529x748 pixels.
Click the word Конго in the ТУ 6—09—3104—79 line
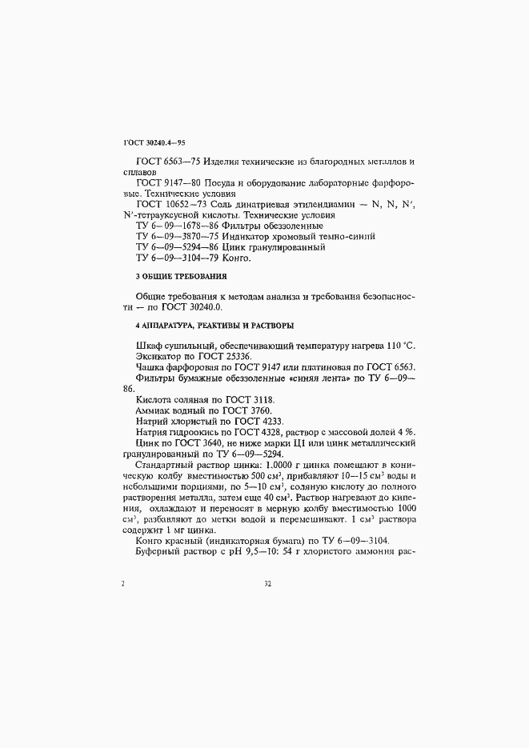pos(236,258)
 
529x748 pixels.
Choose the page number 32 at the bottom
pos(269,584)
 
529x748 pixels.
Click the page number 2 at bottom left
pos(122,584)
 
